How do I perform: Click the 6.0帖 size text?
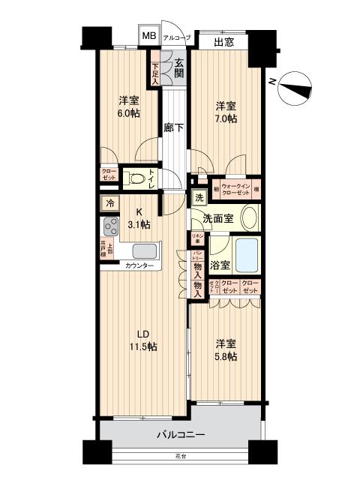coord(127,113)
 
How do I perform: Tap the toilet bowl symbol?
coord(136,179)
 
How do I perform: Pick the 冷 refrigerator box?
coord(109,202)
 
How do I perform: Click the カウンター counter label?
coord(139,266)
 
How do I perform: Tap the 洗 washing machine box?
coord(199,198)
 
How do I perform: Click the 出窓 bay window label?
coord(223,43)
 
